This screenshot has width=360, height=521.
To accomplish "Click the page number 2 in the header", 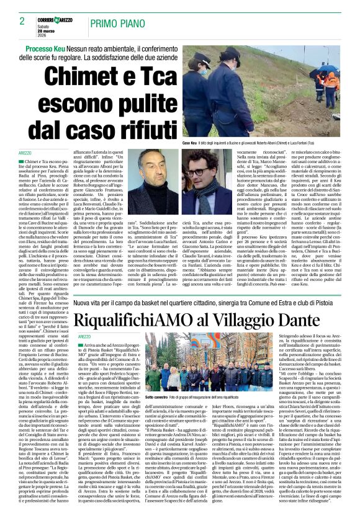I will pos(21,21).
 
